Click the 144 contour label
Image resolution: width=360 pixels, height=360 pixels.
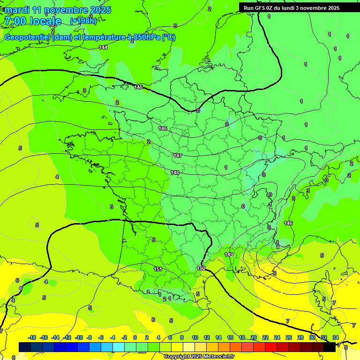(x=103, y=47)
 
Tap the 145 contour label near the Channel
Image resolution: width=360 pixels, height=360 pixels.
(x=138, y=87)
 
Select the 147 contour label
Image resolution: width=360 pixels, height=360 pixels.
(x=177, y=156)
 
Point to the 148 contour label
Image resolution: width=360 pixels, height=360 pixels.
(x=175, y=172)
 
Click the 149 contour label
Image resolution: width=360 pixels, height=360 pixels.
(x=229, y=255)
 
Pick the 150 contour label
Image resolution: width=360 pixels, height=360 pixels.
(x=201, y=268)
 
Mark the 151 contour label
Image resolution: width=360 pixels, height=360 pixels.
(x=158, y=269)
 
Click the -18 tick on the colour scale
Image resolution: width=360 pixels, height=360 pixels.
(x=32, y=337)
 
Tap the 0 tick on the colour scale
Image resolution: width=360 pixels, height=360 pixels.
(x=135, y=337)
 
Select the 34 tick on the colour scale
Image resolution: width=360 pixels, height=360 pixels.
(x=336, y=337)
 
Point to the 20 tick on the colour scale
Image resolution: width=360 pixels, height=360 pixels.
(x=254, y=337)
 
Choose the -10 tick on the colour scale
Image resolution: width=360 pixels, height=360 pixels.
(x=79, y=337)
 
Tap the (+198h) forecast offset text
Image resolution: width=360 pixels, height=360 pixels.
(x=83, y=21)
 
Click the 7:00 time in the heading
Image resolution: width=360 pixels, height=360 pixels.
(x=15, y=21)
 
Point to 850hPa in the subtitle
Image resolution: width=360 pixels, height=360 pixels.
(x=146, y=37)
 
